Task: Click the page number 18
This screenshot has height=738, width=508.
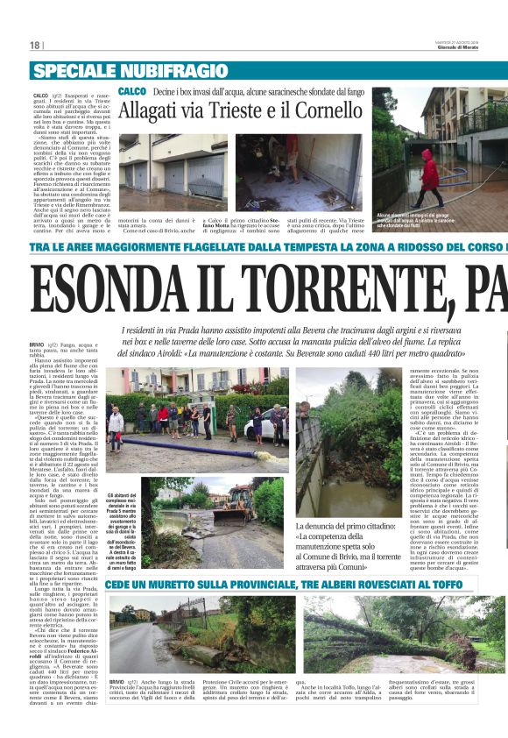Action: pyautogui.click(x=35, y=46)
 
